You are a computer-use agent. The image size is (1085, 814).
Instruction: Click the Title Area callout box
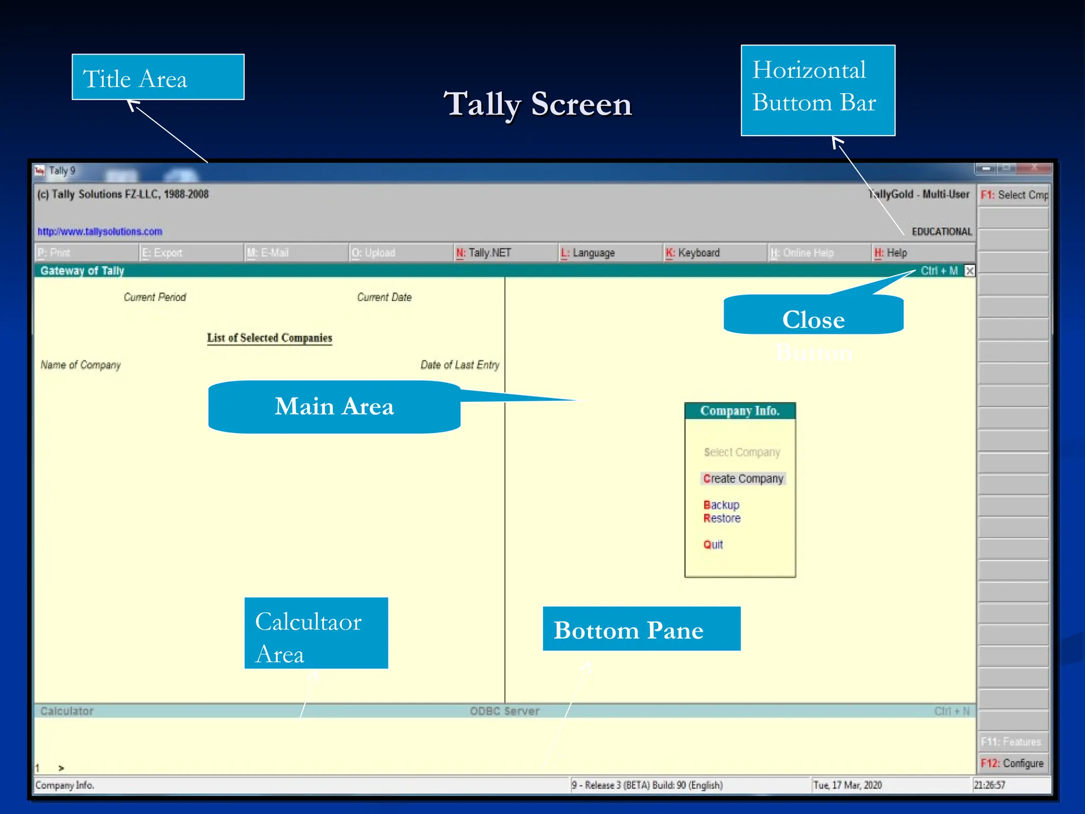(158, 77)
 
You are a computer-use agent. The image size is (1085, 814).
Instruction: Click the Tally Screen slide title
(537, 104)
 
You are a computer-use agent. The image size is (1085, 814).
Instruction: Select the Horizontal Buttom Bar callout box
(817, 91)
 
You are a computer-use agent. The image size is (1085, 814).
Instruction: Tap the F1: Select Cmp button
(1013, 195)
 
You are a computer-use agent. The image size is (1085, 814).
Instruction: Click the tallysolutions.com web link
(100, 232)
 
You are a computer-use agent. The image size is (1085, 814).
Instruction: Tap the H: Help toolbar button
(896, 253)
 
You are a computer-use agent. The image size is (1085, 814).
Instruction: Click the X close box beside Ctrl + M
(970, 271)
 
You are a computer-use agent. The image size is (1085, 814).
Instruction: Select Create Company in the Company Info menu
(743, 479)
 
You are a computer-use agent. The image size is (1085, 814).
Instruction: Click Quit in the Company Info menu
(713, 544)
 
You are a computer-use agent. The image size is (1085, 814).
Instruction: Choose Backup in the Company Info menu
(721, 505)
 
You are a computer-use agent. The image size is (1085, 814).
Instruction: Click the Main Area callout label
(334, 406)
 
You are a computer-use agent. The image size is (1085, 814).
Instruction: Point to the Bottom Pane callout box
(641, 629)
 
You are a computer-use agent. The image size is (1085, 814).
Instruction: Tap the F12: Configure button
(1012, 763)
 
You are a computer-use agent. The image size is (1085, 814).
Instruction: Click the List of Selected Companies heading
(269, 338)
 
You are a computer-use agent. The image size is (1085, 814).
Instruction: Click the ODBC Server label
(504, 711)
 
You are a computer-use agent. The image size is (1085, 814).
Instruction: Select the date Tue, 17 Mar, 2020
(848, 785)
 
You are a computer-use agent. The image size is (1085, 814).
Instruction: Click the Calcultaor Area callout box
(316, 633)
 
